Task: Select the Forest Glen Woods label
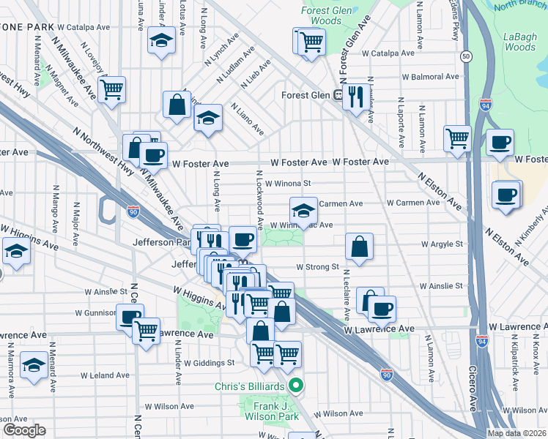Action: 321,15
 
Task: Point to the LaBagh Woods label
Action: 520,41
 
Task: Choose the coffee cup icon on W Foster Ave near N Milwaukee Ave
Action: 153,154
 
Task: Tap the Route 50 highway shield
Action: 465,56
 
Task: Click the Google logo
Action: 23,430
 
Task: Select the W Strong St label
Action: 317,267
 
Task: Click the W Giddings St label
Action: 209,362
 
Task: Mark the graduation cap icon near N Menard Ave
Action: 34,364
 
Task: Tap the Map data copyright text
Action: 516,433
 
